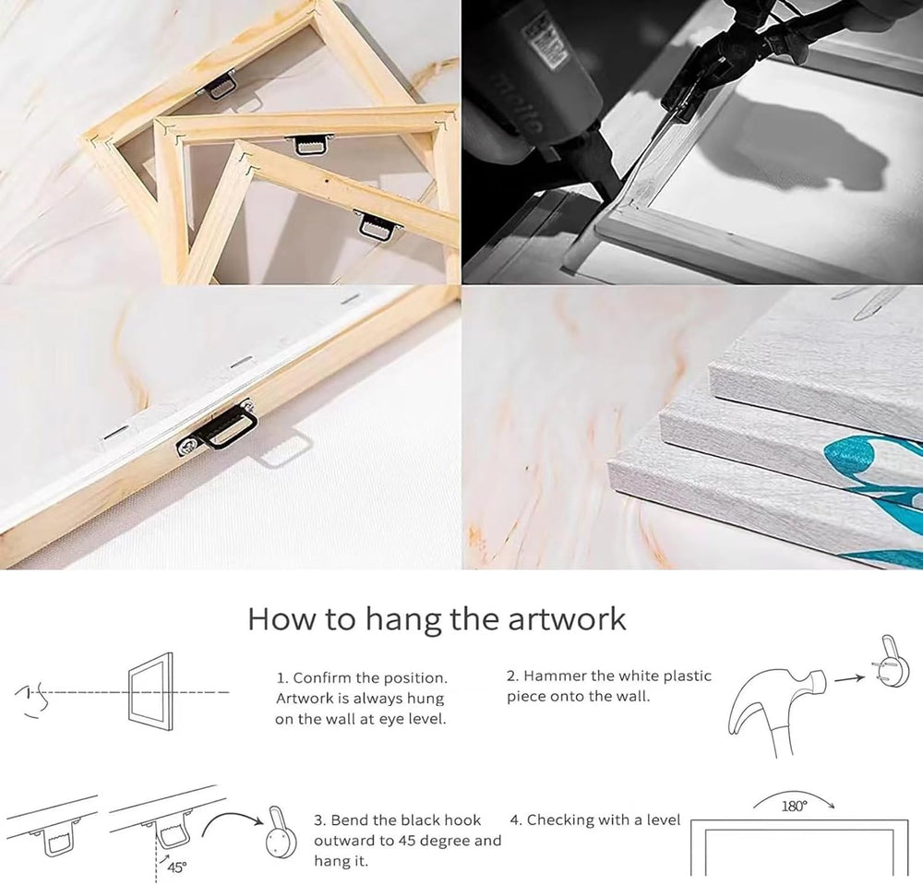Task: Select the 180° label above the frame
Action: [x=794, y=806]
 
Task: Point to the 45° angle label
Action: [x=176, y=867]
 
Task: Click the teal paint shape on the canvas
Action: [x=872, y=462]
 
